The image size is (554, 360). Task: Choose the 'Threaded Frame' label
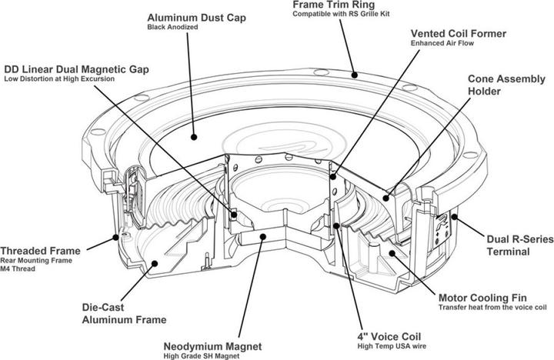38,251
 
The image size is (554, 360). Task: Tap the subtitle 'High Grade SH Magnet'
202,355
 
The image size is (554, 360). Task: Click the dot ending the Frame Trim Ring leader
355,75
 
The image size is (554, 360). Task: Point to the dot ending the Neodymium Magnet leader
264,237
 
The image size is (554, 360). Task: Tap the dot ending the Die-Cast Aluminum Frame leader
155,263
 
